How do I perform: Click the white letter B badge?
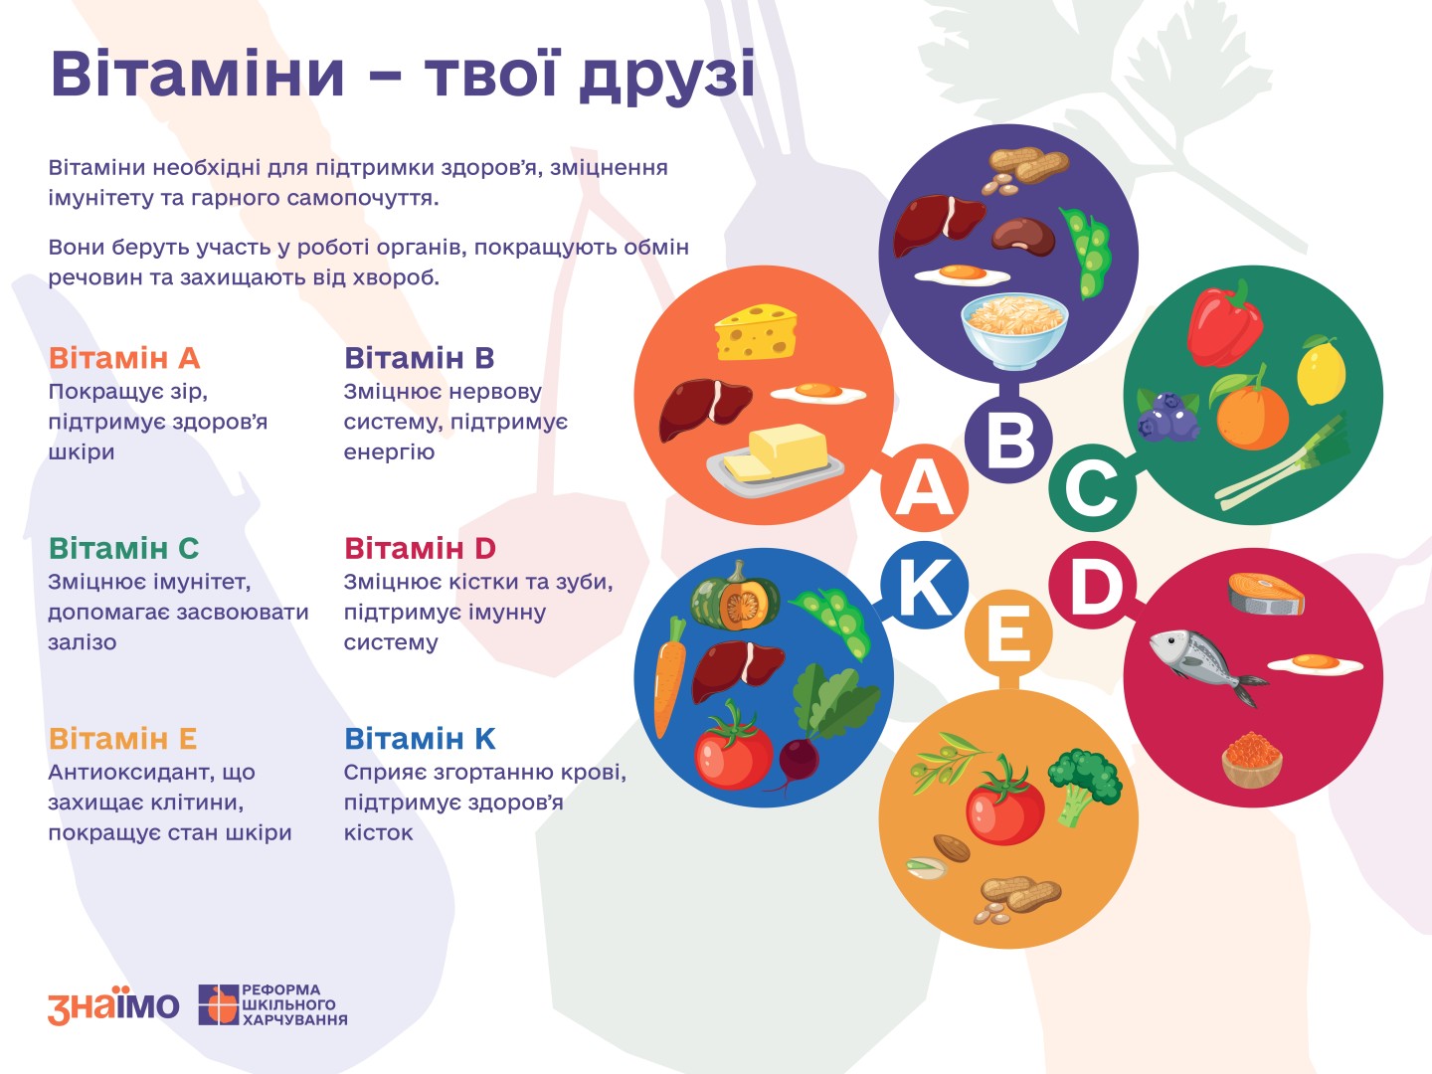click(x=1008, y=441)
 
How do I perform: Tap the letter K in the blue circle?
click(x=924, y=585)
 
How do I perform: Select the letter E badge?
click(x=1008, y=633)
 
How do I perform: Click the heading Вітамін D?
click(x=420, y=548)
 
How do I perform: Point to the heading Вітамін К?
click(x=420, y=739)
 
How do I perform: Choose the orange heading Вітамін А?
click(x=124, y=358)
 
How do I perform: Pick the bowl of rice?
click(x=1014, y=330)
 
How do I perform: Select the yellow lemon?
click(x=1321, y=370)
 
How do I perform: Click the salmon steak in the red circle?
click(x=1266, y=594)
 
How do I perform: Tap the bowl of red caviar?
click(x=1252, y=759)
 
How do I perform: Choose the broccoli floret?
click(x=1086, y=786)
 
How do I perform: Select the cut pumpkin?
click(x=735, y=596)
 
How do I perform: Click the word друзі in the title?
click(x=666, y=75)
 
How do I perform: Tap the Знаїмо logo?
click(x=113, y=1004)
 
